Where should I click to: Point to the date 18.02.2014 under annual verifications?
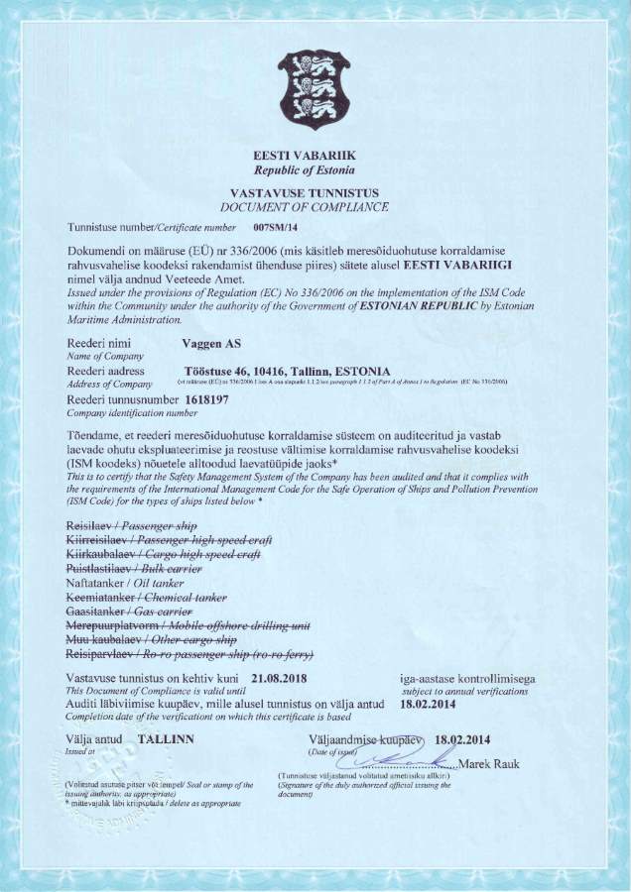click(430, 704)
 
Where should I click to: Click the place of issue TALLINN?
click(166, 739)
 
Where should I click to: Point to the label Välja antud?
click(94, 739)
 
